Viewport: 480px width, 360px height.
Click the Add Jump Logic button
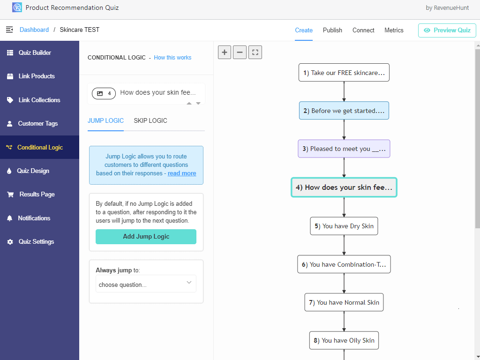point(146,237)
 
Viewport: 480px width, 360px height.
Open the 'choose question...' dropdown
point(146,284)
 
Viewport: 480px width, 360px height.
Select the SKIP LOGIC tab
point(150,120)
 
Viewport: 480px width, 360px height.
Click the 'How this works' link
point(172,58)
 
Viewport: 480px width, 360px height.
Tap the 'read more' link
point(182,173)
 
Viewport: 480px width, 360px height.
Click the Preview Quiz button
point(447,30)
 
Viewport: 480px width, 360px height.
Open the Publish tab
point(332,30)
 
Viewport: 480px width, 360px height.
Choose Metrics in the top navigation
point(394,30)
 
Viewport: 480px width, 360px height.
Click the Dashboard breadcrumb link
point(34,30)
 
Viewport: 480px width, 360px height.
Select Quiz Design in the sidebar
point(33,171)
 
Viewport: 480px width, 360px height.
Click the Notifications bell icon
point(10,218)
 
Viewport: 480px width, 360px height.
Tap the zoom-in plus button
point(225,52)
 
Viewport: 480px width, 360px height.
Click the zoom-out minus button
point(240,52)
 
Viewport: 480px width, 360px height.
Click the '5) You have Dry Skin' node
point(344,226)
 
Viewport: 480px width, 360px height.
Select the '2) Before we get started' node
point(344,111)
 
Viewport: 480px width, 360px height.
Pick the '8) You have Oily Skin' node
point(344,340)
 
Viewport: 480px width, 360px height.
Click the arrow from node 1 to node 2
point(344,91)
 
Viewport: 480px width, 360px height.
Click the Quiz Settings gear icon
point(10,242)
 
